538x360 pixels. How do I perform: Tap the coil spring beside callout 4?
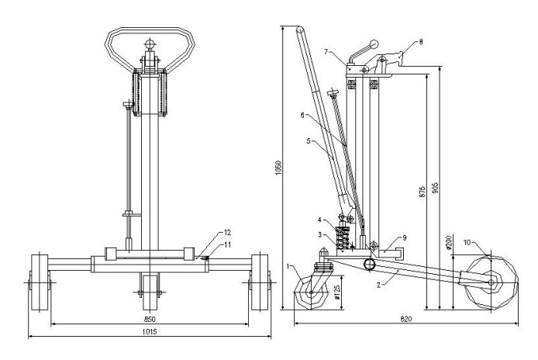pos(343,231)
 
